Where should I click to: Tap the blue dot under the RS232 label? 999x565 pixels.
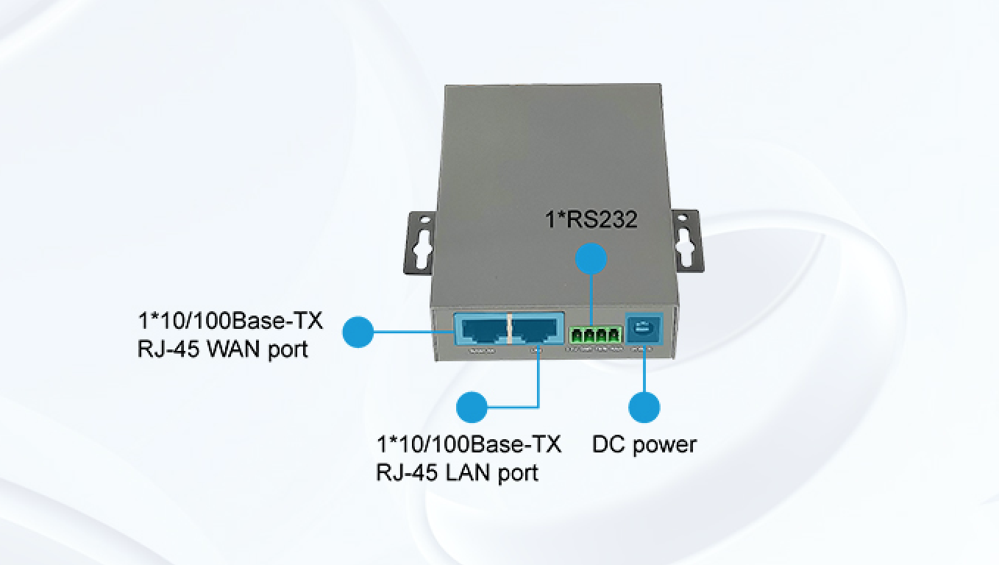point(591,260)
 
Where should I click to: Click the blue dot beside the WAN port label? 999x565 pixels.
point(358,332)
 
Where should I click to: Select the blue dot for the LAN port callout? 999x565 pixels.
point(472,406)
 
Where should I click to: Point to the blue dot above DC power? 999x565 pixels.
point(644,407)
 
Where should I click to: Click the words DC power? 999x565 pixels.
point(644,444)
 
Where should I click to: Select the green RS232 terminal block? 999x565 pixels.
point(595,335)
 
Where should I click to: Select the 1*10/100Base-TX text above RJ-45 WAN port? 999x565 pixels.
point(230,321)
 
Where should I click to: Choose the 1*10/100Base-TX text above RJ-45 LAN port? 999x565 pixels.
point(469,445)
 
